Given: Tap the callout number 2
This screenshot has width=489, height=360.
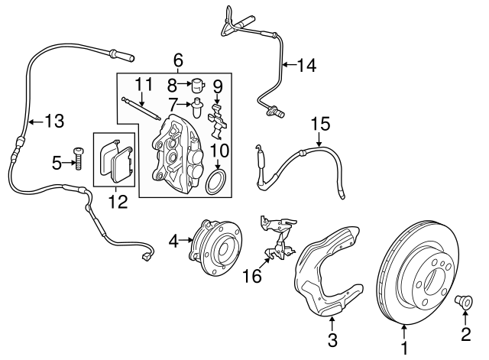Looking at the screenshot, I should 465,332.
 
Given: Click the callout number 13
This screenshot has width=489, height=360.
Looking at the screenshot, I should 54,120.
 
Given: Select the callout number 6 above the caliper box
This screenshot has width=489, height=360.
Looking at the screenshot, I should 178,60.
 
